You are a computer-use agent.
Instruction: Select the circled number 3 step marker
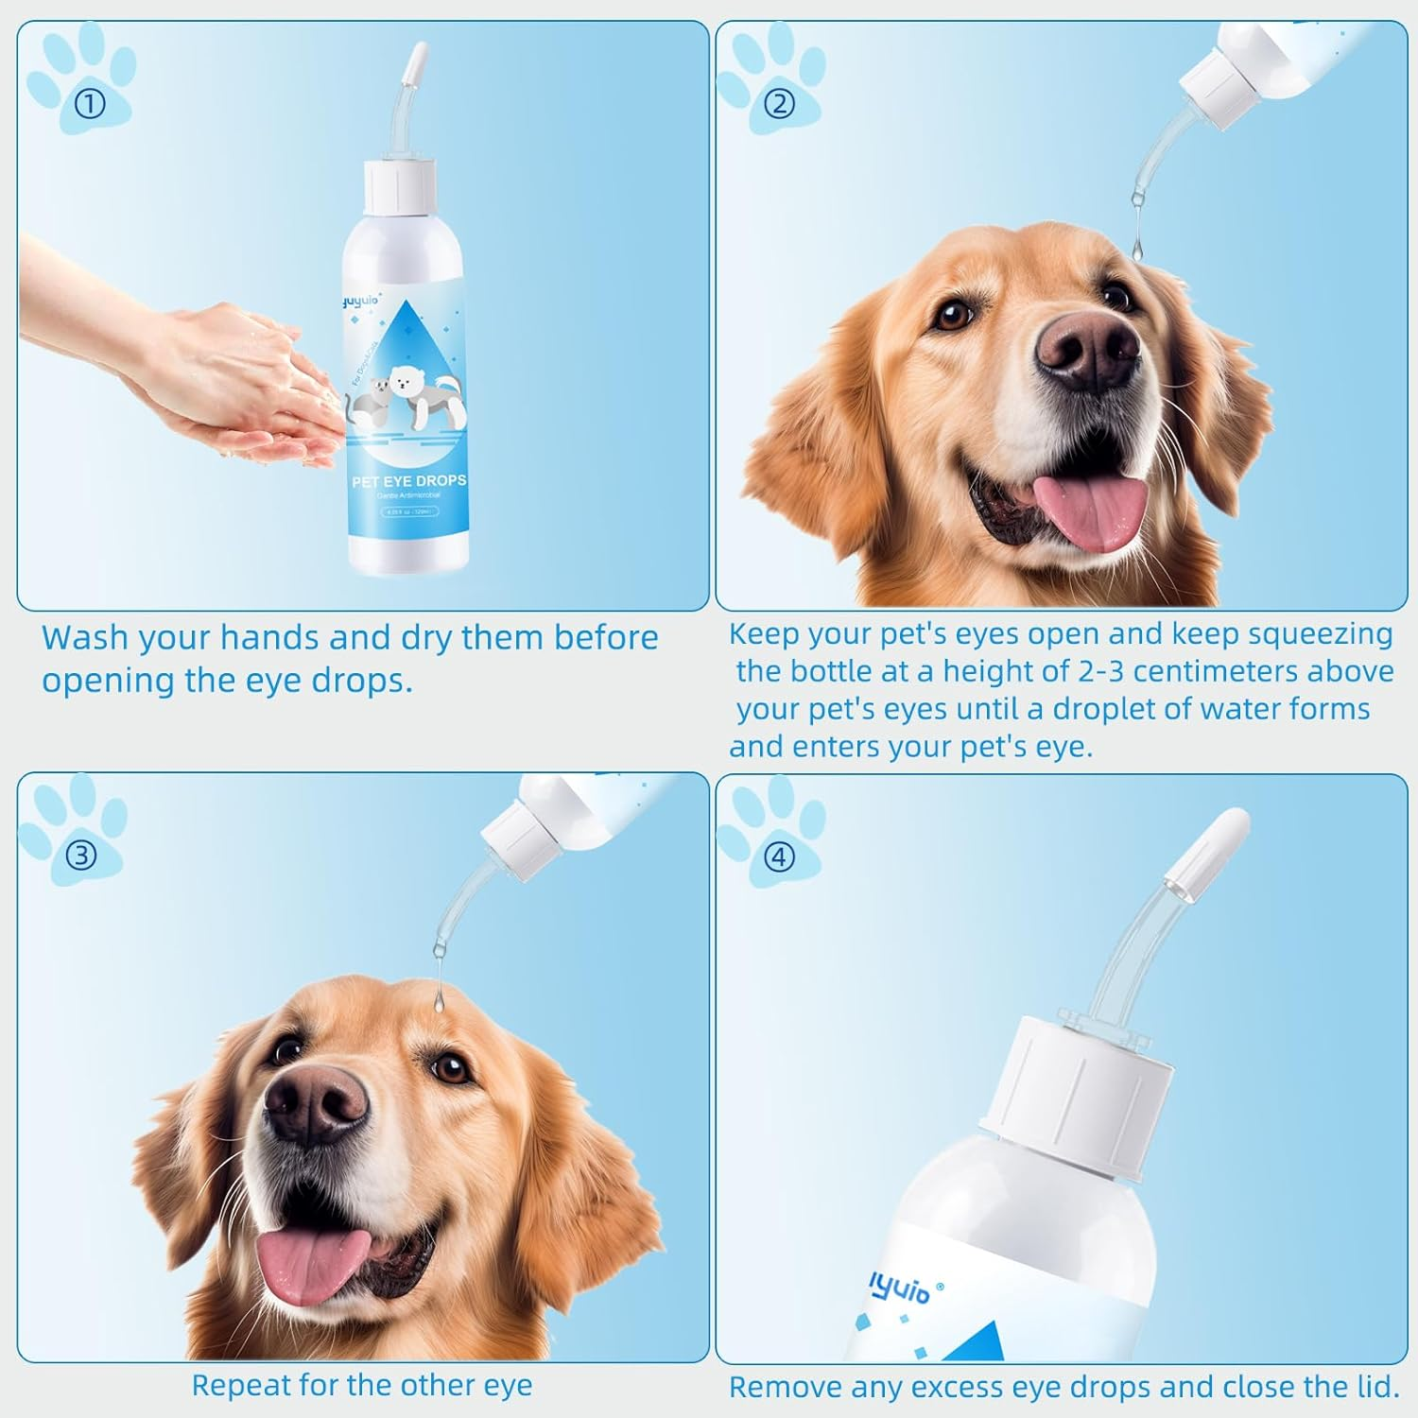pos(81,855)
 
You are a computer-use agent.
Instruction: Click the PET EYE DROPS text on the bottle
pos(408,481)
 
